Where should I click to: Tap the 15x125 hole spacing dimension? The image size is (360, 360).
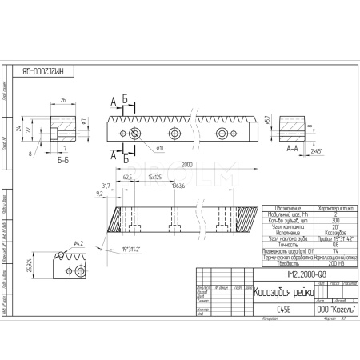point(153,177)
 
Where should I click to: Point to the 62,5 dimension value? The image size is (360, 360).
point(126,177)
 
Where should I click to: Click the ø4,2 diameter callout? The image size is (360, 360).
point(78,242)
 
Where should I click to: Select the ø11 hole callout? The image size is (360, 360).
point(159,148)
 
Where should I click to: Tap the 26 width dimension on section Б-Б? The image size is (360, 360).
point(63,100)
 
